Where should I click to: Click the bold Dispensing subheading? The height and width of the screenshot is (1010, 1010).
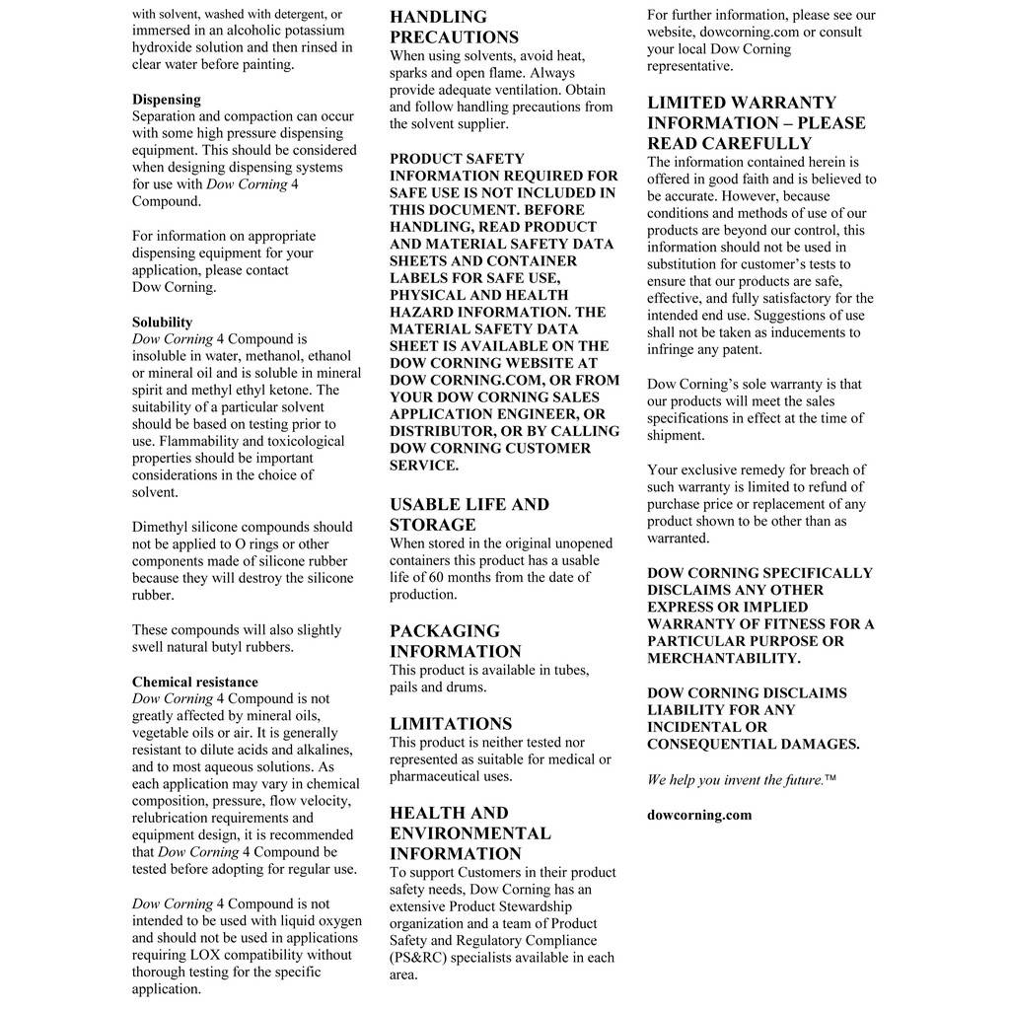166,100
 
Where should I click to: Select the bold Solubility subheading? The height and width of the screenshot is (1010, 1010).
162,323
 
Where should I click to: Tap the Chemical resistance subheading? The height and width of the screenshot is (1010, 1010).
194,683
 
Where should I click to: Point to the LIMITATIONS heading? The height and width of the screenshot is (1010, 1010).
450,724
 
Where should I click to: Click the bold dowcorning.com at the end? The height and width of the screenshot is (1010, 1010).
698,816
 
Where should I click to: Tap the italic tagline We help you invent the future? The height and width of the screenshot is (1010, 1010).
735,780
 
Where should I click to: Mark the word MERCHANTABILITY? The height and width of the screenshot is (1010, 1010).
723,659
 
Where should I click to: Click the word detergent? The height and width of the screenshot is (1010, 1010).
294,15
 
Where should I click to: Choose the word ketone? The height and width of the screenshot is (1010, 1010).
318,391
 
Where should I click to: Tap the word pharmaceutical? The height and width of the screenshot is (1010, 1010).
440,776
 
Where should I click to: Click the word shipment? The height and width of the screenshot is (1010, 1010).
676,436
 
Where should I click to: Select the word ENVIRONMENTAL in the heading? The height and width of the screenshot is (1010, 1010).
469,833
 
